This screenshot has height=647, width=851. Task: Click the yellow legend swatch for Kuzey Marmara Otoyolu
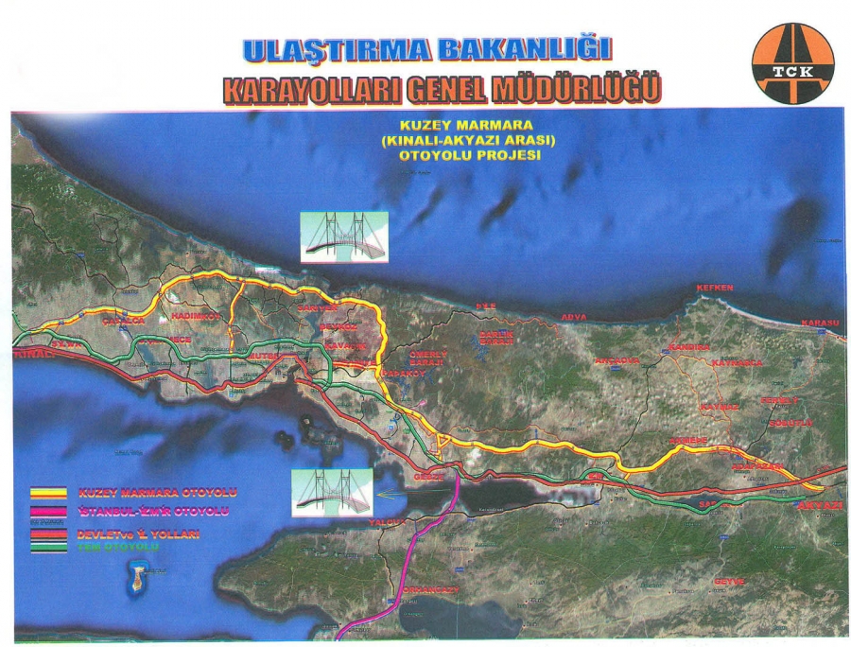coord(48,493)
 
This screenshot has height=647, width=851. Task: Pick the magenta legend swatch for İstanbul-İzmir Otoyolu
coord(48,512)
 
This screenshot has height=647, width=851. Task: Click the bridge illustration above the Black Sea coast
coord(342,236)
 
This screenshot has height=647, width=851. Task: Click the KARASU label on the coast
coord(820,323)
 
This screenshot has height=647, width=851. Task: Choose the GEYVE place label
coord(729,581)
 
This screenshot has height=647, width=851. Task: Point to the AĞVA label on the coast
coord(574,316)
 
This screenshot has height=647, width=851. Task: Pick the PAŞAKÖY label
coord(399,374)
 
